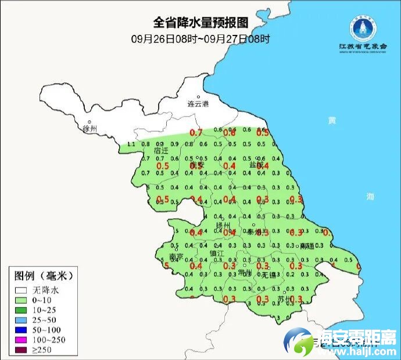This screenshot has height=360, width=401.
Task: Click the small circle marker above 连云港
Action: (x=198, y=97)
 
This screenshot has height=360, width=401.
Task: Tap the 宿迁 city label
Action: (x=161, y=151)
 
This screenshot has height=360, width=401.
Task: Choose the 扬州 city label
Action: (x=223, y=225)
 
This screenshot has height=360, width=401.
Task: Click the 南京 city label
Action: (x=176, y=256)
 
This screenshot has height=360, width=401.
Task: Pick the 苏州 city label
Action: (x=284, y=299)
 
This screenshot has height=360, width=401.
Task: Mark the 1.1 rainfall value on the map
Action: (x=131, y=144)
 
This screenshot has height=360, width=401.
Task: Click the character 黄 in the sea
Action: (x=331, y=120)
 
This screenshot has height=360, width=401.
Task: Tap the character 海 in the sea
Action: (x=370, y=196)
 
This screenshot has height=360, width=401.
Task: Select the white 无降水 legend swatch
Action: (x=22, y=290)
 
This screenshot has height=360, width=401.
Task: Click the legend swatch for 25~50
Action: (x=22, y=319)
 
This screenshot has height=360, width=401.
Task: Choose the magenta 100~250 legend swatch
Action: (x=22, y=339)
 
